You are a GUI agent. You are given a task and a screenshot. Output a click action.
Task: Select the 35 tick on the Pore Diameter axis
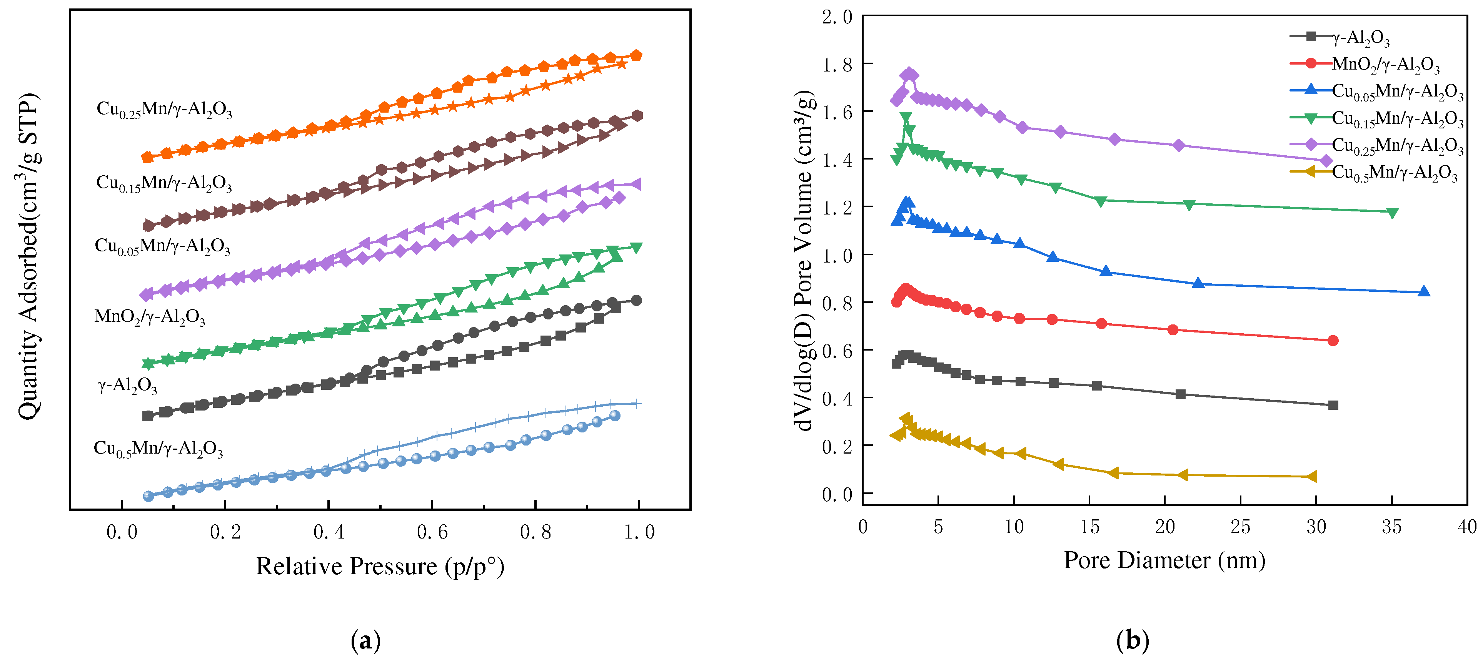pyautogui.click(x=1391, y=527)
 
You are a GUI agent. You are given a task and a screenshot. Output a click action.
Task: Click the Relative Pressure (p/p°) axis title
pyautogui.click(x=380, y=567)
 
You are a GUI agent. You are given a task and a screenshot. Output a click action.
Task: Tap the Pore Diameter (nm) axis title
pyautogui.click(x=1164, y=560)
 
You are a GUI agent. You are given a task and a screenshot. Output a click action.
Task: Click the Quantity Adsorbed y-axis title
pyautogui.click(x=28, y=256)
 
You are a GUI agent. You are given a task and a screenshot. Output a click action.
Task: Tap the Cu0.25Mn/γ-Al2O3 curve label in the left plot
pyautogui.click(x=164, y=109)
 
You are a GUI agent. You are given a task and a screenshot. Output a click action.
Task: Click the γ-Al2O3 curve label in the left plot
pyautogui.click(x=127, y=386)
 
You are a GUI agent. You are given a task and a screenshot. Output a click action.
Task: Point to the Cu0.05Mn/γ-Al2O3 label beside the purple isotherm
pyautogui.click(x=162, y=246)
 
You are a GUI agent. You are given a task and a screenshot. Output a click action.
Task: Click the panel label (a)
pyautogui.click(x=365, y=640)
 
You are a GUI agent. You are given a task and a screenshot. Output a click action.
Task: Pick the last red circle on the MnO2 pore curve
pyautogui.click(x=1332, y=341)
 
